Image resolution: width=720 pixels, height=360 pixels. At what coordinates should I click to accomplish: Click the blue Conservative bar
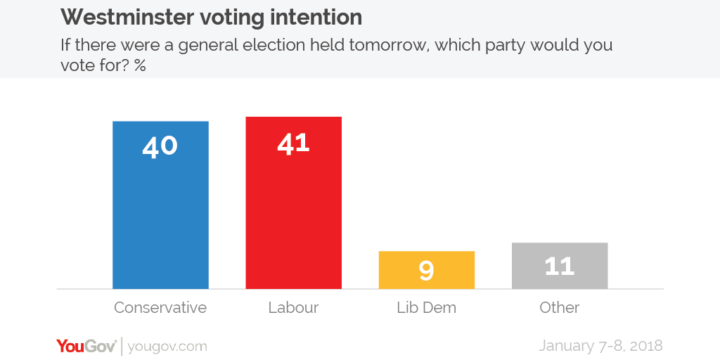pos(160,211)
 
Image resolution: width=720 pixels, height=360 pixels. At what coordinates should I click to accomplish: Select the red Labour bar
pos(293,211)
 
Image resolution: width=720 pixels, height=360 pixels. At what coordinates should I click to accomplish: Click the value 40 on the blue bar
pos(160,146)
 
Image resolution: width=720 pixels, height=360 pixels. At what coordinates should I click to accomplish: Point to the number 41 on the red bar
pos(293,143)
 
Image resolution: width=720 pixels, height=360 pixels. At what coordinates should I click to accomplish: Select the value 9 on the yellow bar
pos(426,271)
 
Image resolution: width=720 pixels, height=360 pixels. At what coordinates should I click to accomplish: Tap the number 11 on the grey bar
pos(559,266)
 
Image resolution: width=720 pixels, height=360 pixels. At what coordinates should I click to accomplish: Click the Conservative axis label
pos(160,308)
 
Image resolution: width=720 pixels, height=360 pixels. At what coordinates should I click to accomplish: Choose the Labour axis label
pos(293,308)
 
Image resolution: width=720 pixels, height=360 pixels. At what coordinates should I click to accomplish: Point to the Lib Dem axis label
pos(426,308)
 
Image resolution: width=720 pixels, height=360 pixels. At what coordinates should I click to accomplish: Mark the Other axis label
pos(559,308)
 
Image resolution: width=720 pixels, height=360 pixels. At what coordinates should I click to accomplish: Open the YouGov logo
pos(86,346)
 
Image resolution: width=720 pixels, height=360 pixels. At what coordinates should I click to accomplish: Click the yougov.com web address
pos(168,347)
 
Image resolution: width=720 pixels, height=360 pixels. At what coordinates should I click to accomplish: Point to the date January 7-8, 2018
pos(600,346)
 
